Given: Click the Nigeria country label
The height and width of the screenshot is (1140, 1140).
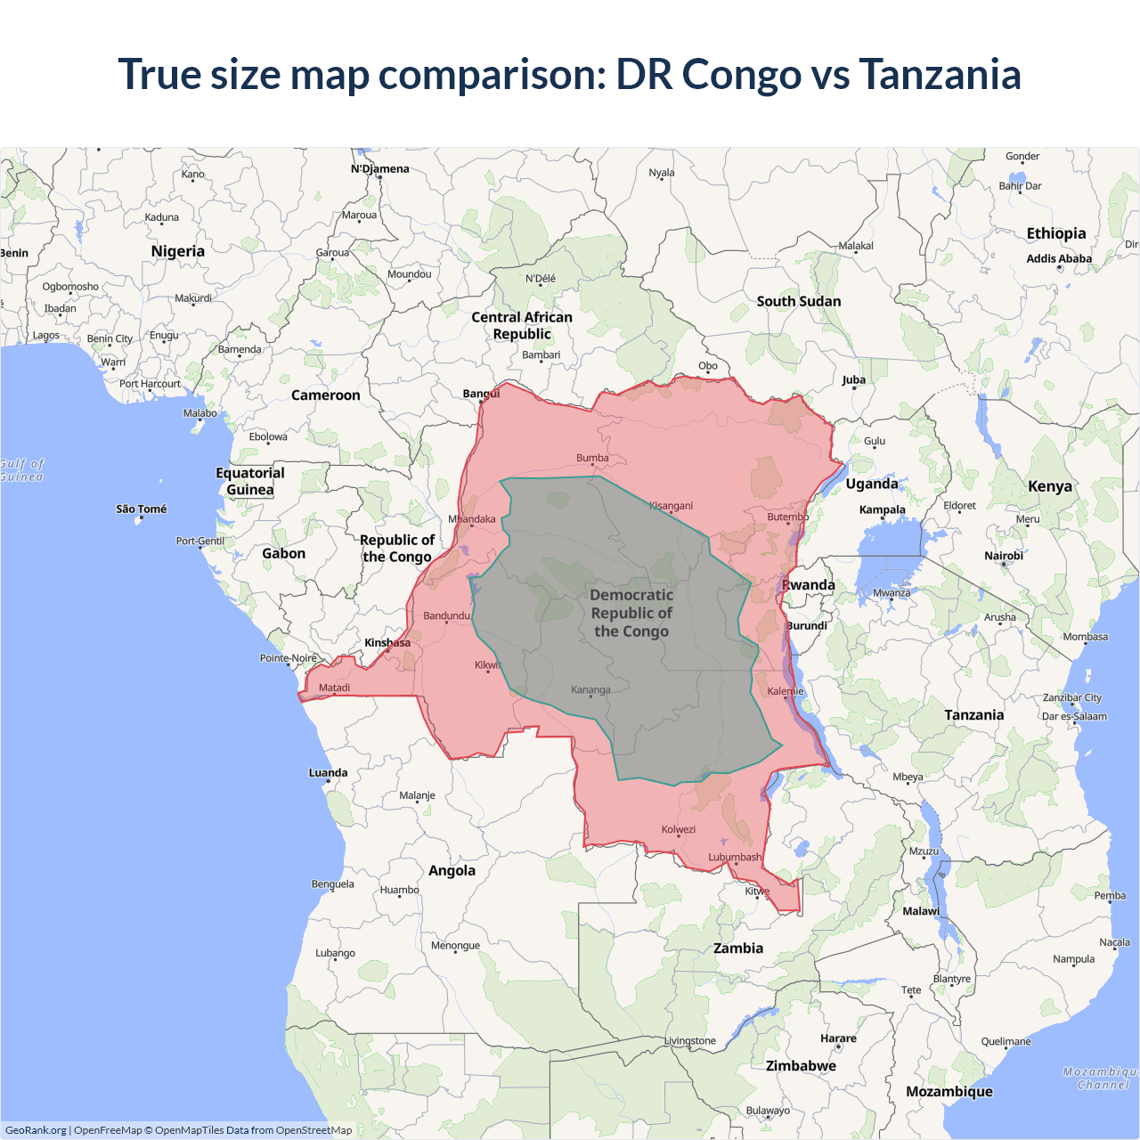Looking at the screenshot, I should tap(178, 251).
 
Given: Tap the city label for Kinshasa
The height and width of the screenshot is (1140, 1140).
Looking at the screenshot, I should tap(387, 642).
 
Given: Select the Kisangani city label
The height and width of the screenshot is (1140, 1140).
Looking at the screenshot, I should tap(671, 506).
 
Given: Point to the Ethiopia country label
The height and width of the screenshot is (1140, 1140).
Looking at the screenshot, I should tap(1056, 233).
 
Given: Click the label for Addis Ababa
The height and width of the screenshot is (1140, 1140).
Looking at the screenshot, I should tap(1059, 258).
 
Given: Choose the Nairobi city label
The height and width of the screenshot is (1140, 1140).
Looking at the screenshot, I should tap(1004, 556).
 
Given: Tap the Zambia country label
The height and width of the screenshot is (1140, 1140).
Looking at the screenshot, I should tap(738, 949).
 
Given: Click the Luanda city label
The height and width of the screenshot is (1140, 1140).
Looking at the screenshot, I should tap(328, 773).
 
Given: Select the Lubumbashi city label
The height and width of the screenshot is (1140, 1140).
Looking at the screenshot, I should tap(735, 857).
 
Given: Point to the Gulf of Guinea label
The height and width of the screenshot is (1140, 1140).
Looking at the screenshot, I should tap(21, 470).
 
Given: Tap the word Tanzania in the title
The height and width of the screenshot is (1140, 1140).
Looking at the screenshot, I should tap(940, 74).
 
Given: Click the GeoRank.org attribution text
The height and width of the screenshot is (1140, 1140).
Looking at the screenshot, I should tap(36, 1130).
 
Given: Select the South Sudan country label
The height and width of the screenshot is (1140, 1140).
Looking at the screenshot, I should tap(799, 301).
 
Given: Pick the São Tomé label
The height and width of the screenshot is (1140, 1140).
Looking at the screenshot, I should tap(142, 509).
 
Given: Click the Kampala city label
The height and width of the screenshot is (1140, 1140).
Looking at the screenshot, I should tap(882, 509).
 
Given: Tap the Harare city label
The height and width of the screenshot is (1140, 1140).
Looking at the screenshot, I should tap(838, 1038).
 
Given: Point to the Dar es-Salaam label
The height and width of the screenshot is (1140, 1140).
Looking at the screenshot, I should tap(1074, 716).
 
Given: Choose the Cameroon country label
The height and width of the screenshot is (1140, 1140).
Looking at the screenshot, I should tap(326, 395).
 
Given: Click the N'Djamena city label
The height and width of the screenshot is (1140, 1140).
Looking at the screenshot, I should tap(380, 168).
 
